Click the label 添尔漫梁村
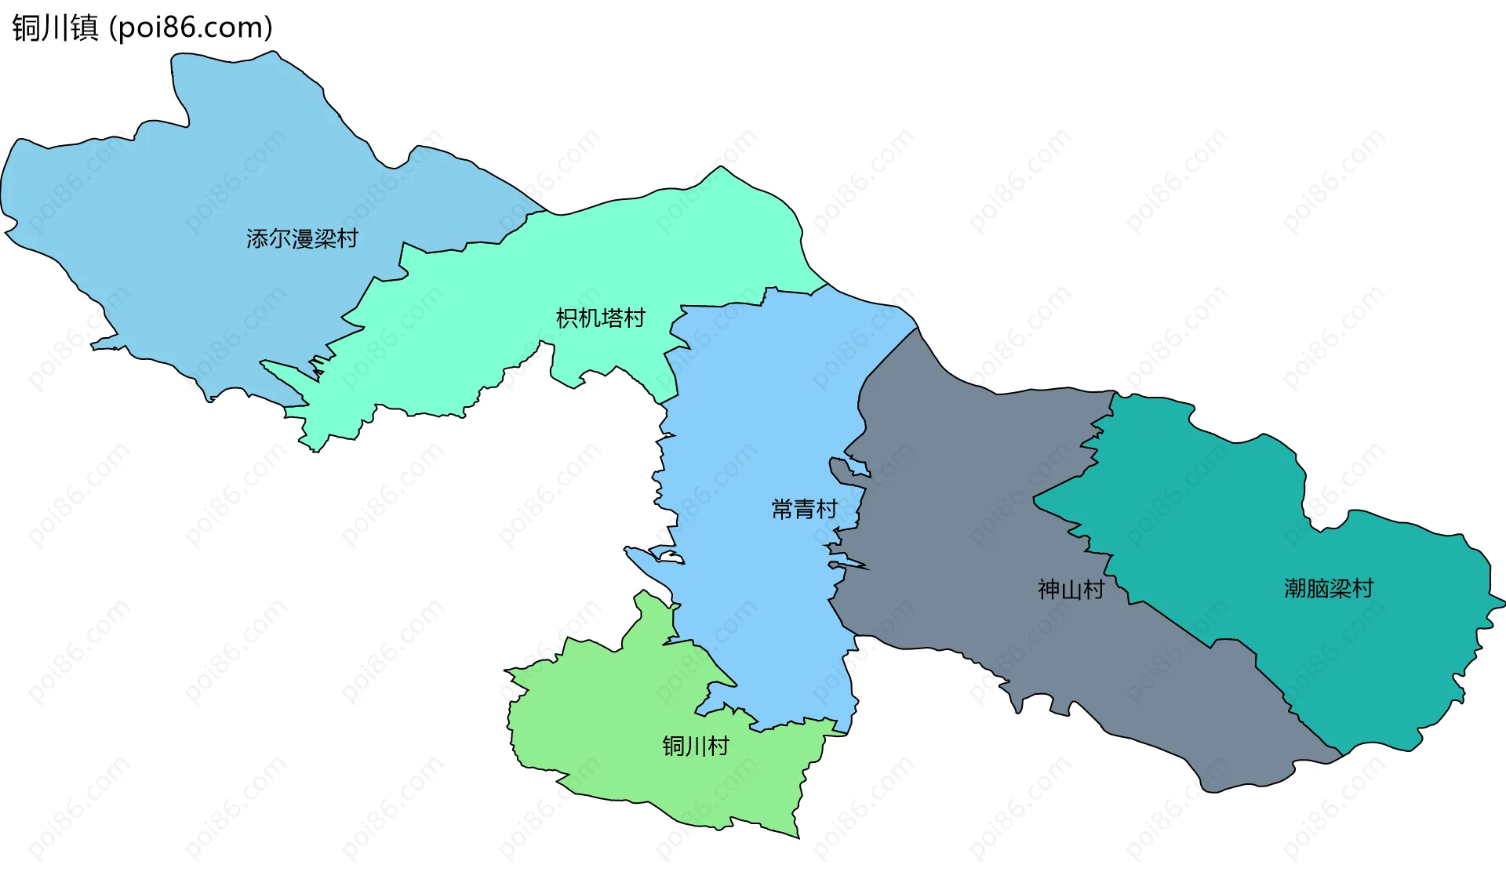[302, 238]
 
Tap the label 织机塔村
[600, 318]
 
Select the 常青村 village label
[805, 510]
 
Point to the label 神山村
[1071, 590]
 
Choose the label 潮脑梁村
[1329, 588]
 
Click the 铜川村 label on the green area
[696, 746]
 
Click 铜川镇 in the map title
[55, 27]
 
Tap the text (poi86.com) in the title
[191, 27]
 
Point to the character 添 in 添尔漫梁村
[257, 238]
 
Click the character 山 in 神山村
[1071, 590]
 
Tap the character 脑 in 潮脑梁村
[1318, 588]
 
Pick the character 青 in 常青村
[805, 510]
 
